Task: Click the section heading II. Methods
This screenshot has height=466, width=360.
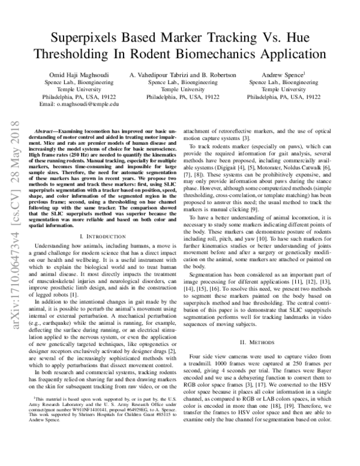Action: tap(265, 342)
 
